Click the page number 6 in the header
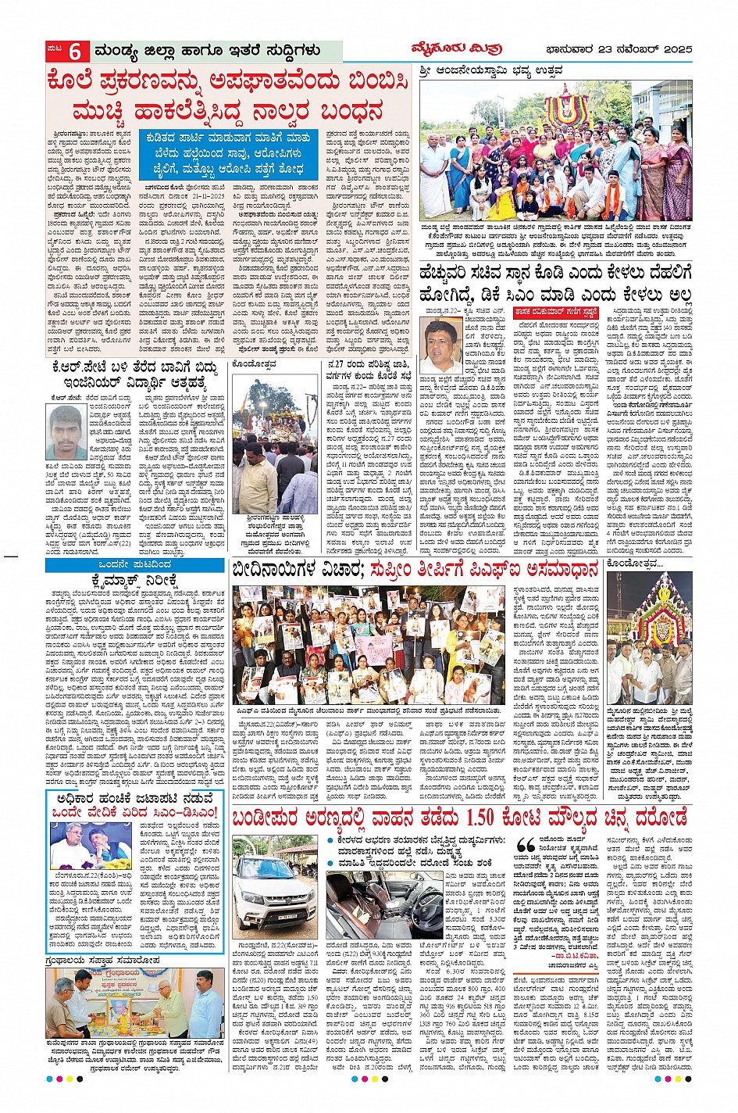(x=76, y=52)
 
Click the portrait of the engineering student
(x=66, y=431)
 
